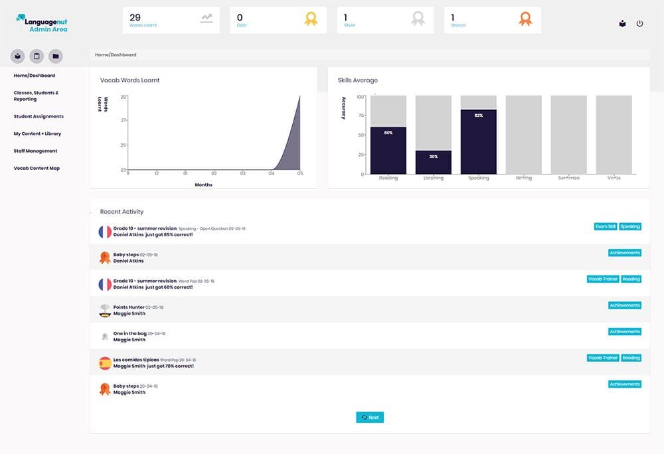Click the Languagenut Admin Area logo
pos(41,23)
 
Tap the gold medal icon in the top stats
pos(311,19)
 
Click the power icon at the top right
pos(639,23)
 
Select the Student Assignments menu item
pos(39,116)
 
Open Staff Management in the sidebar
pos(35,151)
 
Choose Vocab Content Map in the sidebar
pos(37,168)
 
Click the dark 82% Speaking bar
pos(478,143)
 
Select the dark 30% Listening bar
pos(433,163)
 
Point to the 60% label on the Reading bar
pos(388,133)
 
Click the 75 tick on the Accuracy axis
pos(361,115)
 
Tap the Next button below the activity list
pos(370,417)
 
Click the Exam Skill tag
pos(605,226)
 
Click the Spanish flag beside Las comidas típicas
pos(105,363)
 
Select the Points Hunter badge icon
pos(105,310)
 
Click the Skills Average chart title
pos(357,80)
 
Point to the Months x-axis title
pos(203,185)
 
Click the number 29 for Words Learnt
pos(135,17)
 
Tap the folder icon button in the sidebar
pos(56,56)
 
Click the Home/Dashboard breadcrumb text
pos(116,54)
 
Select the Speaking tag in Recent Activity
pos(630,226)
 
